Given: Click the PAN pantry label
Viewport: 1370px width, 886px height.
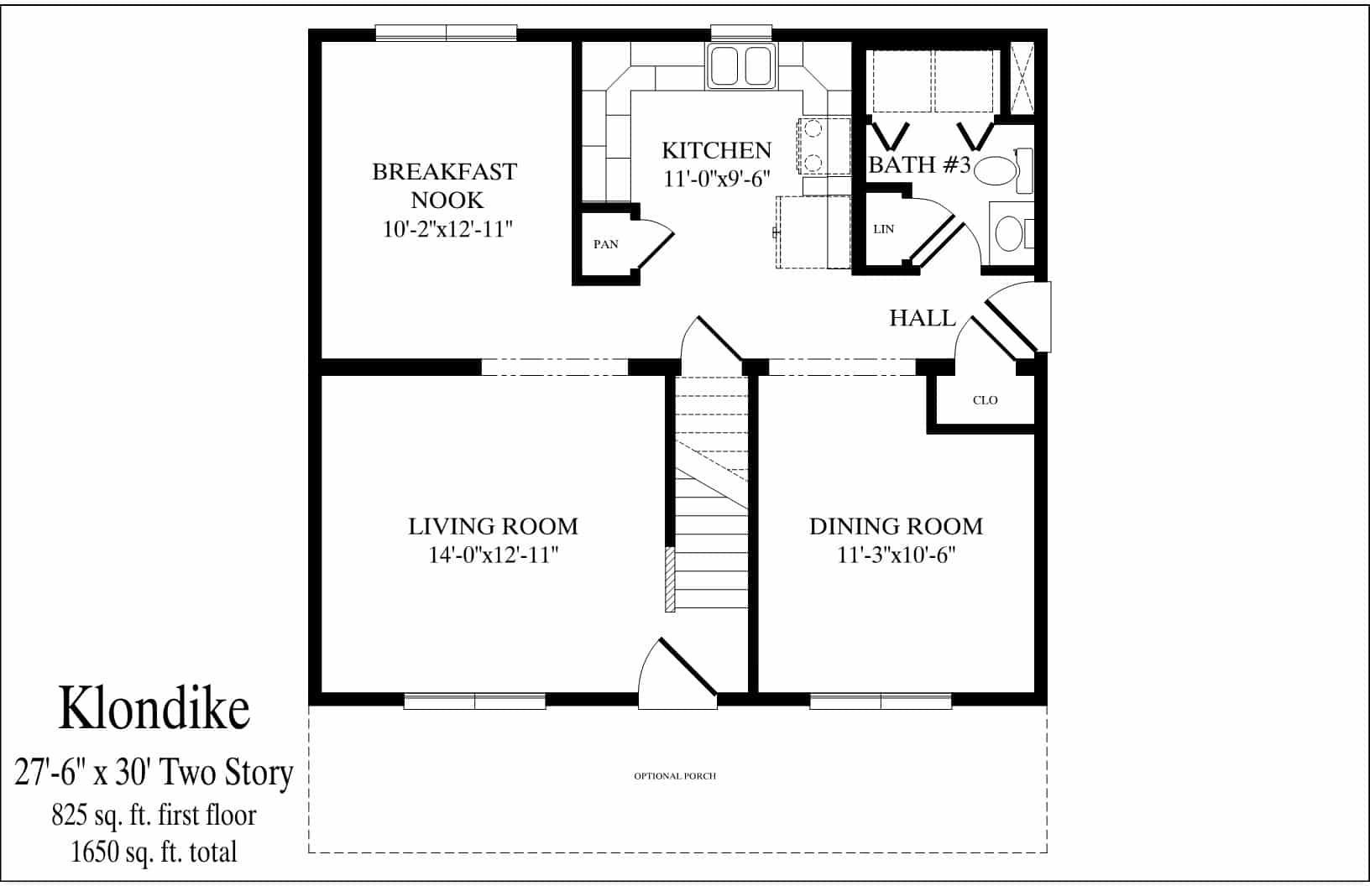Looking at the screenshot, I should (x=605, y=244).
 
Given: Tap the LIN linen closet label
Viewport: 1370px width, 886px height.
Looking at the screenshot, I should (x=883, y=229).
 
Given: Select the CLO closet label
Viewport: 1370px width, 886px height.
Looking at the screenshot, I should (x=985, y=400).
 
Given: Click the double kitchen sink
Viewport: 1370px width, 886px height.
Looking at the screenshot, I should (x=742, y=67).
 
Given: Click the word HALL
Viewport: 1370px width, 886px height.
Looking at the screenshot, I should (x=923, y=318).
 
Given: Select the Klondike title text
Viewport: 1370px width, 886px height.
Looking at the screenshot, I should (x=154, y=708).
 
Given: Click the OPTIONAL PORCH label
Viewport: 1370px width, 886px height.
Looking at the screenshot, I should (x=675, y=776).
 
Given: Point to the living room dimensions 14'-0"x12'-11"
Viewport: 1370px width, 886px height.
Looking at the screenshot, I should (x=493, y=555).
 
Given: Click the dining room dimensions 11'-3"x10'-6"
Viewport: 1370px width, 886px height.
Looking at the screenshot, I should (x=897, y=555).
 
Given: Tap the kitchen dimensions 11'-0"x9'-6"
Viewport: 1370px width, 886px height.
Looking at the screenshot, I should (x=716, y=179).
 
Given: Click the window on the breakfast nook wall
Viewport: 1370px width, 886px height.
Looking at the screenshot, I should (x=446, y=33).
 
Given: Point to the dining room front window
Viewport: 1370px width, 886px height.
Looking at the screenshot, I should (x=880, y=701).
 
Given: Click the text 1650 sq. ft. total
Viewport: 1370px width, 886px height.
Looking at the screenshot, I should (x=154, y=852).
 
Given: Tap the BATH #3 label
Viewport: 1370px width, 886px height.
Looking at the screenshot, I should (x=918, y=165).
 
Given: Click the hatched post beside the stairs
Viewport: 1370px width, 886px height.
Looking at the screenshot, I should (x=669, y=579).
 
